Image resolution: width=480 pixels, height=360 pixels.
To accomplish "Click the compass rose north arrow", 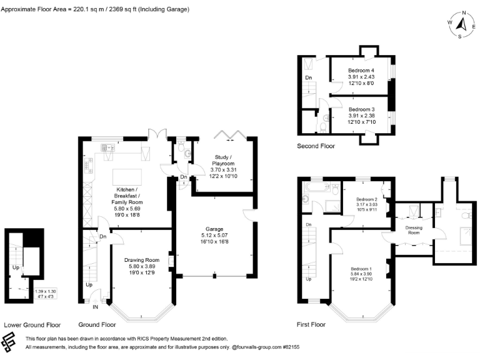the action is (461, 24).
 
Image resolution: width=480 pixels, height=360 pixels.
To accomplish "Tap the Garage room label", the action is (214, 229).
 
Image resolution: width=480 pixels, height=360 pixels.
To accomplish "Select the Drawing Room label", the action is (142, 260).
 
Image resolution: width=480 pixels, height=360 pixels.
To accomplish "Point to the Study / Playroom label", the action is (223, 161).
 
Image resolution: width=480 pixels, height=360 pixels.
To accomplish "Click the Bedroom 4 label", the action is (361, 71).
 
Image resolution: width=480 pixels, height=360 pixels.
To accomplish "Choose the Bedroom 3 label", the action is (361, 109).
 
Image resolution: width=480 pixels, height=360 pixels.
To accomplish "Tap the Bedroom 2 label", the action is (367, 199).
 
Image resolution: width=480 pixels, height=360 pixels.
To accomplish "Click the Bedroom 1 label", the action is (361, 269).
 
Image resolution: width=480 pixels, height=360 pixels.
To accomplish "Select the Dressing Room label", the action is (414, 230).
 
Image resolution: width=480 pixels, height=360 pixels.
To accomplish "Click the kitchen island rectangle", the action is (127, 177).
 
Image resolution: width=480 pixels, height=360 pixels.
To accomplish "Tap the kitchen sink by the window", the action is (107, 148).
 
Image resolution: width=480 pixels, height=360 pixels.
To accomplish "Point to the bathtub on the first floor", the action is (317, 186).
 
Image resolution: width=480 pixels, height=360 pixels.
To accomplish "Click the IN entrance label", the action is (95, 307).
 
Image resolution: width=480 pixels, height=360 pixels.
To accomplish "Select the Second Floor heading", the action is (316, 146).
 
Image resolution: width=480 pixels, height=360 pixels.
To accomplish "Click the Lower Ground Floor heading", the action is (32, 325).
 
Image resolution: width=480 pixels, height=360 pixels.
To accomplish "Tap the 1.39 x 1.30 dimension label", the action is (45, 292).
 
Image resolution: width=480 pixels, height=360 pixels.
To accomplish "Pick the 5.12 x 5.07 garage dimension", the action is (214, 235).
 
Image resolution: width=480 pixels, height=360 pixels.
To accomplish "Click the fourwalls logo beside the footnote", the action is (8, 342).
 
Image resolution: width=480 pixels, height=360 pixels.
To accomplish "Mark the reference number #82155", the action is (291, 347).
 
